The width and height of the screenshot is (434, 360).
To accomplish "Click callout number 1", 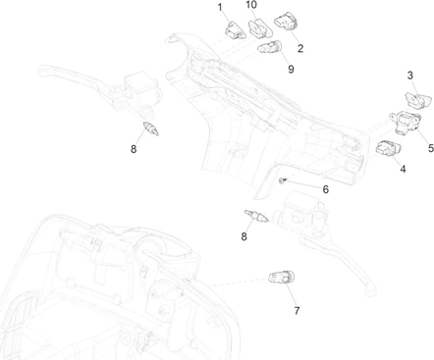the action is point(220,7).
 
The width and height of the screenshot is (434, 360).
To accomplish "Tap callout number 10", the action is point(251,5).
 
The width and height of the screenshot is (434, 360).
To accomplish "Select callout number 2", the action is point(300,48).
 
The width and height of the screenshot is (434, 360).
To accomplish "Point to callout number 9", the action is point(291,69).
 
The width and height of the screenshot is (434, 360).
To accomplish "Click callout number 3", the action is point(410,76).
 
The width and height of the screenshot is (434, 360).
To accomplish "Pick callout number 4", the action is point(403,169).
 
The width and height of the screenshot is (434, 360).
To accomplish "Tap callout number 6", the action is point(325,189).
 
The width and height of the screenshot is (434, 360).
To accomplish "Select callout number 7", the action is point(297,310).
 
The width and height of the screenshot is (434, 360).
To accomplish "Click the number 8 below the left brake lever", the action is point(134,149).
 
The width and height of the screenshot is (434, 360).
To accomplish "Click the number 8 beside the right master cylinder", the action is point(244,236).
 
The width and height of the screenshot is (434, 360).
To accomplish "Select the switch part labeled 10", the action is point(260,28).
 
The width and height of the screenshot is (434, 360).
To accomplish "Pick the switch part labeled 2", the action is point(286,22).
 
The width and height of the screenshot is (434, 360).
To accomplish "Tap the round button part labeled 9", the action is point(270,48).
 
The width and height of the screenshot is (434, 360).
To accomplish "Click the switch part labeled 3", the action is point(418,100).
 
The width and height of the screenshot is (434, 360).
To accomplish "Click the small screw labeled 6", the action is point(283,180).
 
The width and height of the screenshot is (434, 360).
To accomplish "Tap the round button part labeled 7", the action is point(281,278).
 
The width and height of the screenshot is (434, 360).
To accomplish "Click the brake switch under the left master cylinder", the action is point(151,129).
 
